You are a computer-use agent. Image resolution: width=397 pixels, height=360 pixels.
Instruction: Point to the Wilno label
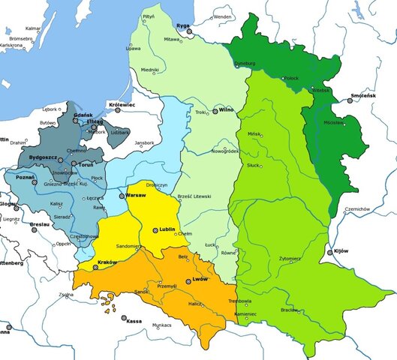coord(227,109)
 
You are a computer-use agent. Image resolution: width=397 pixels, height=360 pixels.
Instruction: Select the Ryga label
coord(183,25)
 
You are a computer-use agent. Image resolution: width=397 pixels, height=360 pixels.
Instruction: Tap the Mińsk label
coord(254,133)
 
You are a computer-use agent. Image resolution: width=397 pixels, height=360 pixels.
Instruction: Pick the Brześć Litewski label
coord(194,196)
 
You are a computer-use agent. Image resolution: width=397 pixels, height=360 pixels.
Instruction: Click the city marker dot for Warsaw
coord(122,196)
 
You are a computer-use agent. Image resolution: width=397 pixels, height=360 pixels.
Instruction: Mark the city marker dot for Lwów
coord(188,281)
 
